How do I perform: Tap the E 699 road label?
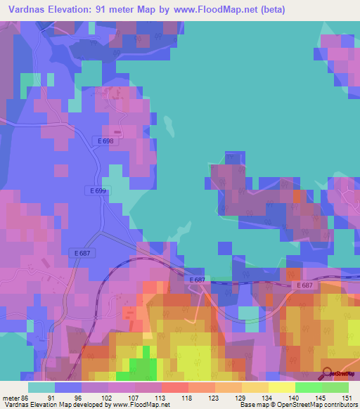[97, 190]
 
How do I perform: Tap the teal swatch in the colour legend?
[41, 387]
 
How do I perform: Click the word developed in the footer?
[82, 405]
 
